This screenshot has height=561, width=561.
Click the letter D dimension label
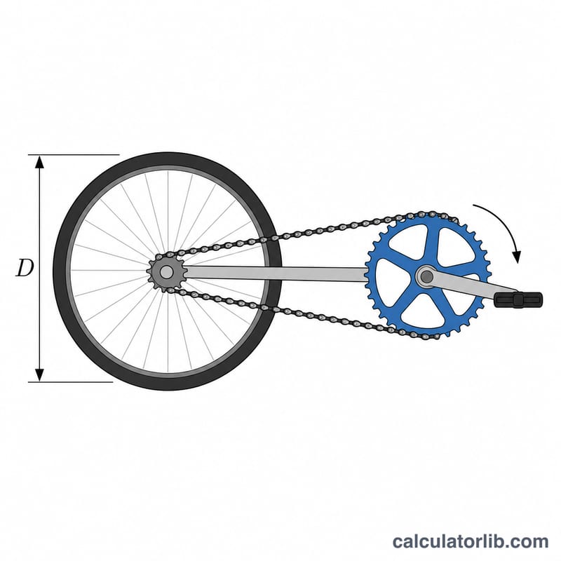tap(25, 268)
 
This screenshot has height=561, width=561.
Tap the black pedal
tap(518, 299)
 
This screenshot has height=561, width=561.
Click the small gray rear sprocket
tap(166, 272)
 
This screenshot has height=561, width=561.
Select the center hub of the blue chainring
tap(426, 276)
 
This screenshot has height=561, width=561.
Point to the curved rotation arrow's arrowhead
tap(516, 257)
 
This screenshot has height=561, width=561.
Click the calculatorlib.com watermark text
tap(470, 541)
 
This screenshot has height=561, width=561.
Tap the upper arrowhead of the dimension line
tap(39, 163)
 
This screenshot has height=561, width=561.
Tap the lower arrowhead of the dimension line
tap(39, 374)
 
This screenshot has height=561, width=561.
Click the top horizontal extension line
tap(74, 155)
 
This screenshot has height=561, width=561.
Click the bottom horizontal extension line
tap(71, 381)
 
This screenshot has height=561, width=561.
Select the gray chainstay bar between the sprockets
tap(276, 273)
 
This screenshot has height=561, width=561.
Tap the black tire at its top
tap(168, 160)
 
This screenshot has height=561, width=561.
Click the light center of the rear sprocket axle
tap(166, 272)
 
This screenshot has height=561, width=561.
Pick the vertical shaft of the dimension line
tap(39, 269)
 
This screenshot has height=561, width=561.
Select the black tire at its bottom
tap(168, 384)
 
